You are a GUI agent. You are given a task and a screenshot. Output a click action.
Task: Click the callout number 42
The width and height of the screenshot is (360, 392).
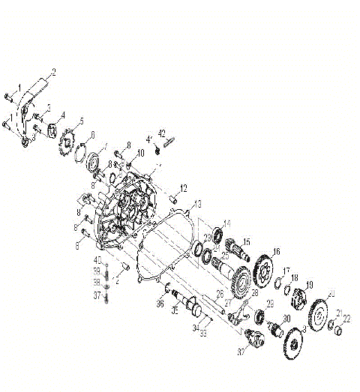(x=161, y=133)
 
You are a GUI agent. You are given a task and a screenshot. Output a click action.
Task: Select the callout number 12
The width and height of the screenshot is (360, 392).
(x=183, y=187)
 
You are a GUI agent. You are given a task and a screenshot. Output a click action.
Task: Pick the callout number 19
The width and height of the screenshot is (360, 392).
(x=308, y=285)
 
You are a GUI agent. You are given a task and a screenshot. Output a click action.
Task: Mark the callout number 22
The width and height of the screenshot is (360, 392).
(x=346, y=319)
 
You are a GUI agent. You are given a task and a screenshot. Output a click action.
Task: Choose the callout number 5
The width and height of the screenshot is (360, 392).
(x=81, y=121)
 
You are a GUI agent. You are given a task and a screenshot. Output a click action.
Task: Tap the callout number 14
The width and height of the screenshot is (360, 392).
(x=228, y=223)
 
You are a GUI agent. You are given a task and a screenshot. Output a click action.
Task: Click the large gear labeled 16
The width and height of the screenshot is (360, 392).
(x=262, y=268)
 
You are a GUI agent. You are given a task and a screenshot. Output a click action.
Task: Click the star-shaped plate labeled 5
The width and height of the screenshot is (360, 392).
(x=67, y=140)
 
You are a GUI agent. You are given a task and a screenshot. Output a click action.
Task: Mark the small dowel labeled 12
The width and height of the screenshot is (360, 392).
(x=172, y=199)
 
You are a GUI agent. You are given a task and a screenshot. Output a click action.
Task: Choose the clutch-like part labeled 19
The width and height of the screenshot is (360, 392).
(x=298, y=298)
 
